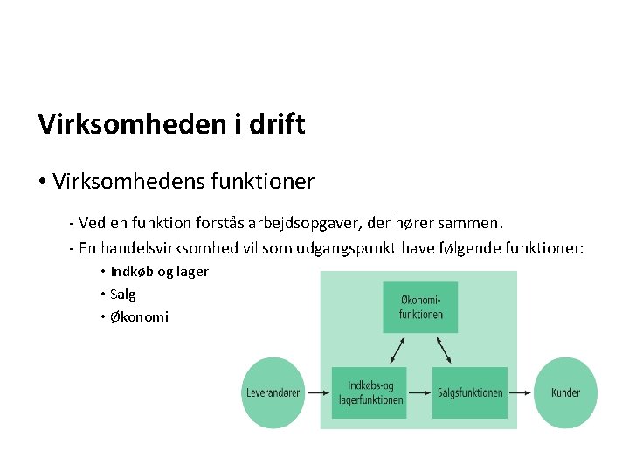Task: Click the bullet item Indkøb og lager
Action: pos(159,271)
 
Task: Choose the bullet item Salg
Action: pos(123,295)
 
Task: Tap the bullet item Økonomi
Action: pos(139,317)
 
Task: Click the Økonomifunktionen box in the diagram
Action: pos(420,307)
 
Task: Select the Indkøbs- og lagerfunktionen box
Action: pos(370,393)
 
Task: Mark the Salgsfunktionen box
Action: pos(470,393)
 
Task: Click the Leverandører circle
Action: pos(273,393)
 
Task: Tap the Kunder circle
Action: pos(565,393)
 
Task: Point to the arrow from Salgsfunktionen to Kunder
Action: pos(521,393)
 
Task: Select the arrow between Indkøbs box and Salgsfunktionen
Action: pos(420,393)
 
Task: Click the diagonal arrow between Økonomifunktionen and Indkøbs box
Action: pos(397,350)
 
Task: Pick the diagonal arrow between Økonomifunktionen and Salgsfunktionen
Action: pos(444,350)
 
